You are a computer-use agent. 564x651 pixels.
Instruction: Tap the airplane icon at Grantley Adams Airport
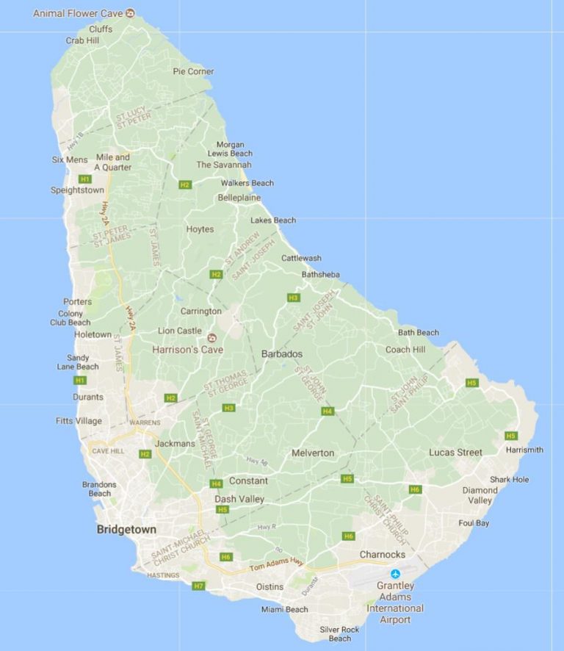[x=396, y=574]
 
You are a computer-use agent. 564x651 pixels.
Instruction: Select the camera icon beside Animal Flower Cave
[x=130, y=13]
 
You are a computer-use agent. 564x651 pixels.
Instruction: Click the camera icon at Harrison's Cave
[x=212, y=337]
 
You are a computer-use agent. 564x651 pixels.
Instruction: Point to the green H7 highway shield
[x=198, y=586]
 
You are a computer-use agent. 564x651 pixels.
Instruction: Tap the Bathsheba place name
[x=321, y=275]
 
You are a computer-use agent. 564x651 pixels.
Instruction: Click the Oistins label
[x=269, y=587]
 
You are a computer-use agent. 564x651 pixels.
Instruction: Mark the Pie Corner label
[x=193, y=71]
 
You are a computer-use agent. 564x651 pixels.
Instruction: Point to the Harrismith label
[x=524, y=450]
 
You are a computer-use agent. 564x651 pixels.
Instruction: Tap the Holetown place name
[x=93, y=334]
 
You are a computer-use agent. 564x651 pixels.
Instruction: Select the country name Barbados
[x=282, y=354]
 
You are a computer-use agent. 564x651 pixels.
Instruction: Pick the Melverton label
[x=313, y=453]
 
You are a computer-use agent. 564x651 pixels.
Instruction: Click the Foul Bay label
[x=474, y=523]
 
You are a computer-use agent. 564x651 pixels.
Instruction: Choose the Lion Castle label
[x=180, y=331]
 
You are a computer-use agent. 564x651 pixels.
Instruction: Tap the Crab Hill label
[x=82, y=41]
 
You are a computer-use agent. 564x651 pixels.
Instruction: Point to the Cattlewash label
[x=301, y=259]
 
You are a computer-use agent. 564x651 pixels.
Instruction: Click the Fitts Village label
[x=79, y=421]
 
